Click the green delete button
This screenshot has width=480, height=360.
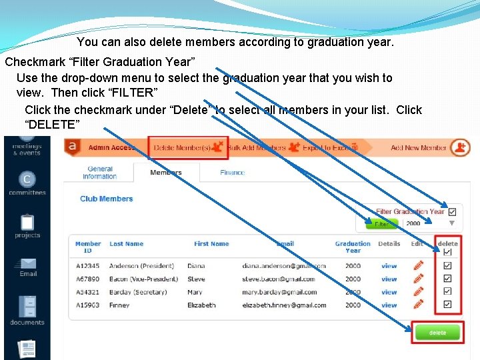438,333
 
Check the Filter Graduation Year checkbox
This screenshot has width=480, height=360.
452,211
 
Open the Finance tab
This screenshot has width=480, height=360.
232,173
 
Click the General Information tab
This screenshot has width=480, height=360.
100,173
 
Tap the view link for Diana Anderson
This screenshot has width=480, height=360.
389,266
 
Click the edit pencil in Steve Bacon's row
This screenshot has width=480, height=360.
418,279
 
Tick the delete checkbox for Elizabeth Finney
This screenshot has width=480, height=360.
447,305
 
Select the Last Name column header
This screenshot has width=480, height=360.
126,244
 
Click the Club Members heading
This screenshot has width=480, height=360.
107,199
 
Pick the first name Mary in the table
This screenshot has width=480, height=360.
195,292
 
